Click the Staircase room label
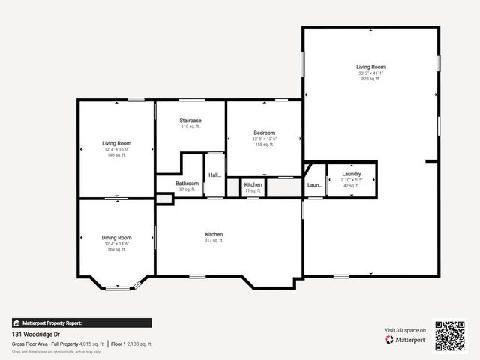(x=190, y=121)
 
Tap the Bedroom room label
(x=264, y=133)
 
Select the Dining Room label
(x=116, y=238)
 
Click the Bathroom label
(x=187, y=184)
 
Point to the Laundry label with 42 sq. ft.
(x=352, y=174)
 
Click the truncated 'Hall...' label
(x=214, y=175)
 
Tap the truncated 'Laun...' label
(x=315, y=185)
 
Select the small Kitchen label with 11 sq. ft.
(x=253, y=184)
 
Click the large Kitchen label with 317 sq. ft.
(x=214, y=235)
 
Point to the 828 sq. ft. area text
(x=370, y=79)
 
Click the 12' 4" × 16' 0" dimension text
(x=116, y=149)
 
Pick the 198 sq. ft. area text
(x=116, y=155)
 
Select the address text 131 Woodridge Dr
(x=37, y=334)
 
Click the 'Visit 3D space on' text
(x=405, y=330)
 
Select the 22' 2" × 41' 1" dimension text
(x=370, y=73)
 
